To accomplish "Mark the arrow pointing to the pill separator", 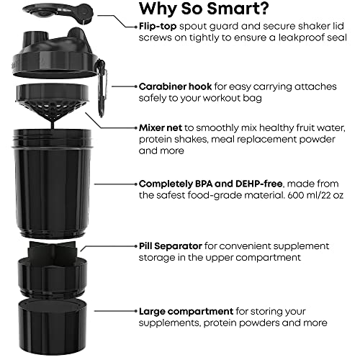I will click(108, 246).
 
